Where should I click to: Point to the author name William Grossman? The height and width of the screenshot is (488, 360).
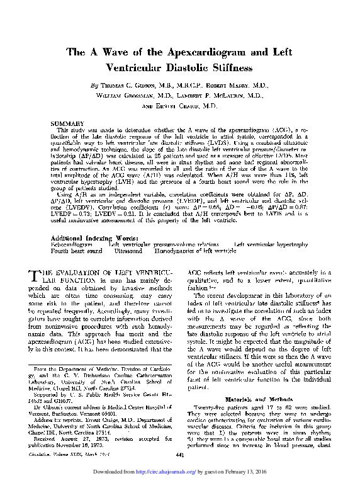coord(123,96)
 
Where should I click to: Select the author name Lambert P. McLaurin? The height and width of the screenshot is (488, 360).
coord(211,96)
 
